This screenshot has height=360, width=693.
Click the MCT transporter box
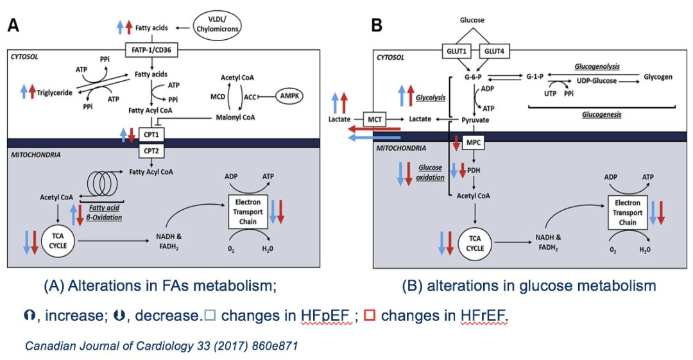373,119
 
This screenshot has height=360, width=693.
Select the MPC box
474,143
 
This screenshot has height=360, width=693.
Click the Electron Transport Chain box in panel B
627,213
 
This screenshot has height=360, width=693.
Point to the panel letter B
377,26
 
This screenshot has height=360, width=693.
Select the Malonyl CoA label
235,117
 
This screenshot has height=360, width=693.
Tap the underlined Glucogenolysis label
592,66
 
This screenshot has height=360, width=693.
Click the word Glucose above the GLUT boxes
472,20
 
